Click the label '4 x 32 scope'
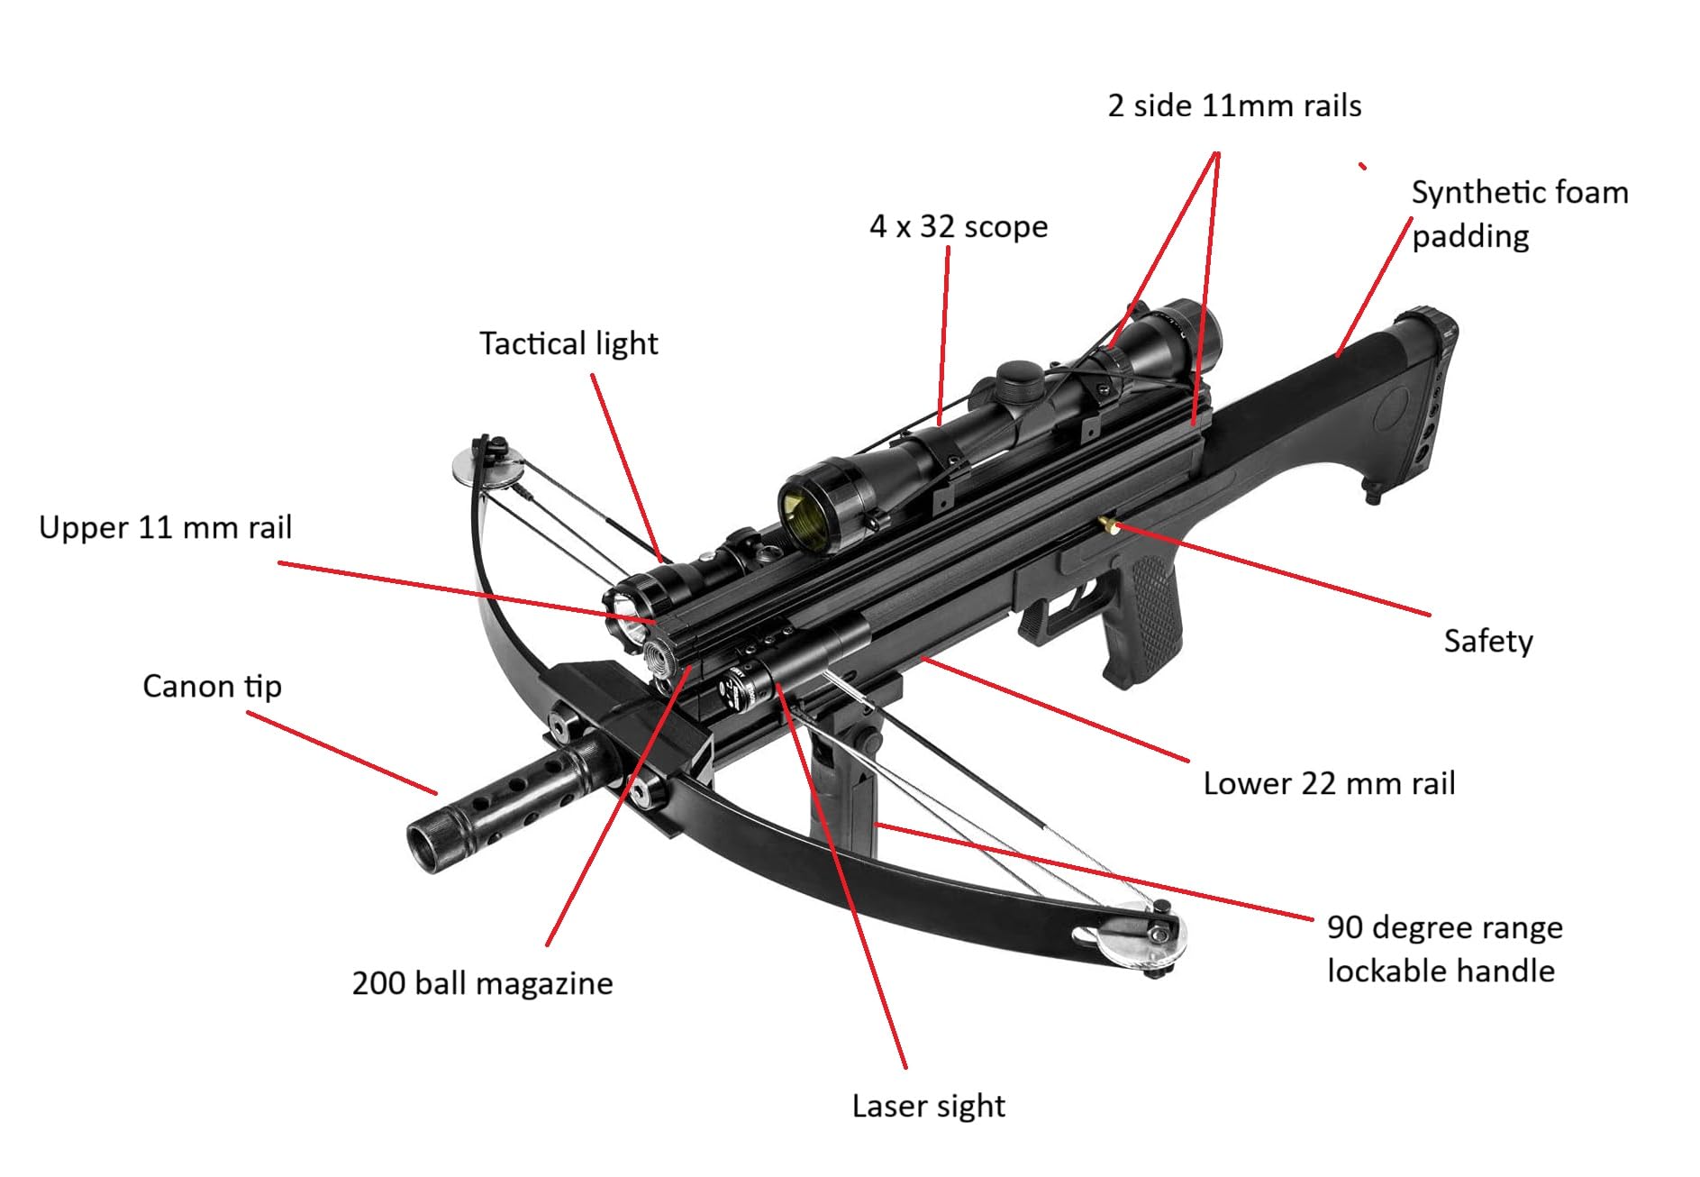(958, 226)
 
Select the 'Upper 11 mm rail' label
(165, 527)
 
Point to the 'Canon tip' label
(212, 687)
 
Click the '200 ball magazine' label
(482, 983)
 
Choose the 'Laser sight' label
(928, 1106)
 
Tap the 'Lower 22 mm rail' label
(1329, 783)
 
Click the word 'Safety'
(1487, 641)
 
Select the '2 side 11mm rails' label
(1234, 105)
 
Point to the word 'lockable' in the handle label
(1386, 971)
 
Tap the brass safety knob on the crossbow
(1107, 525)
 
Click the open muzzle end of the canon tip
(423, 845)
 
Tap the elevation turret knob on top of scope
(1019, 377)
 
